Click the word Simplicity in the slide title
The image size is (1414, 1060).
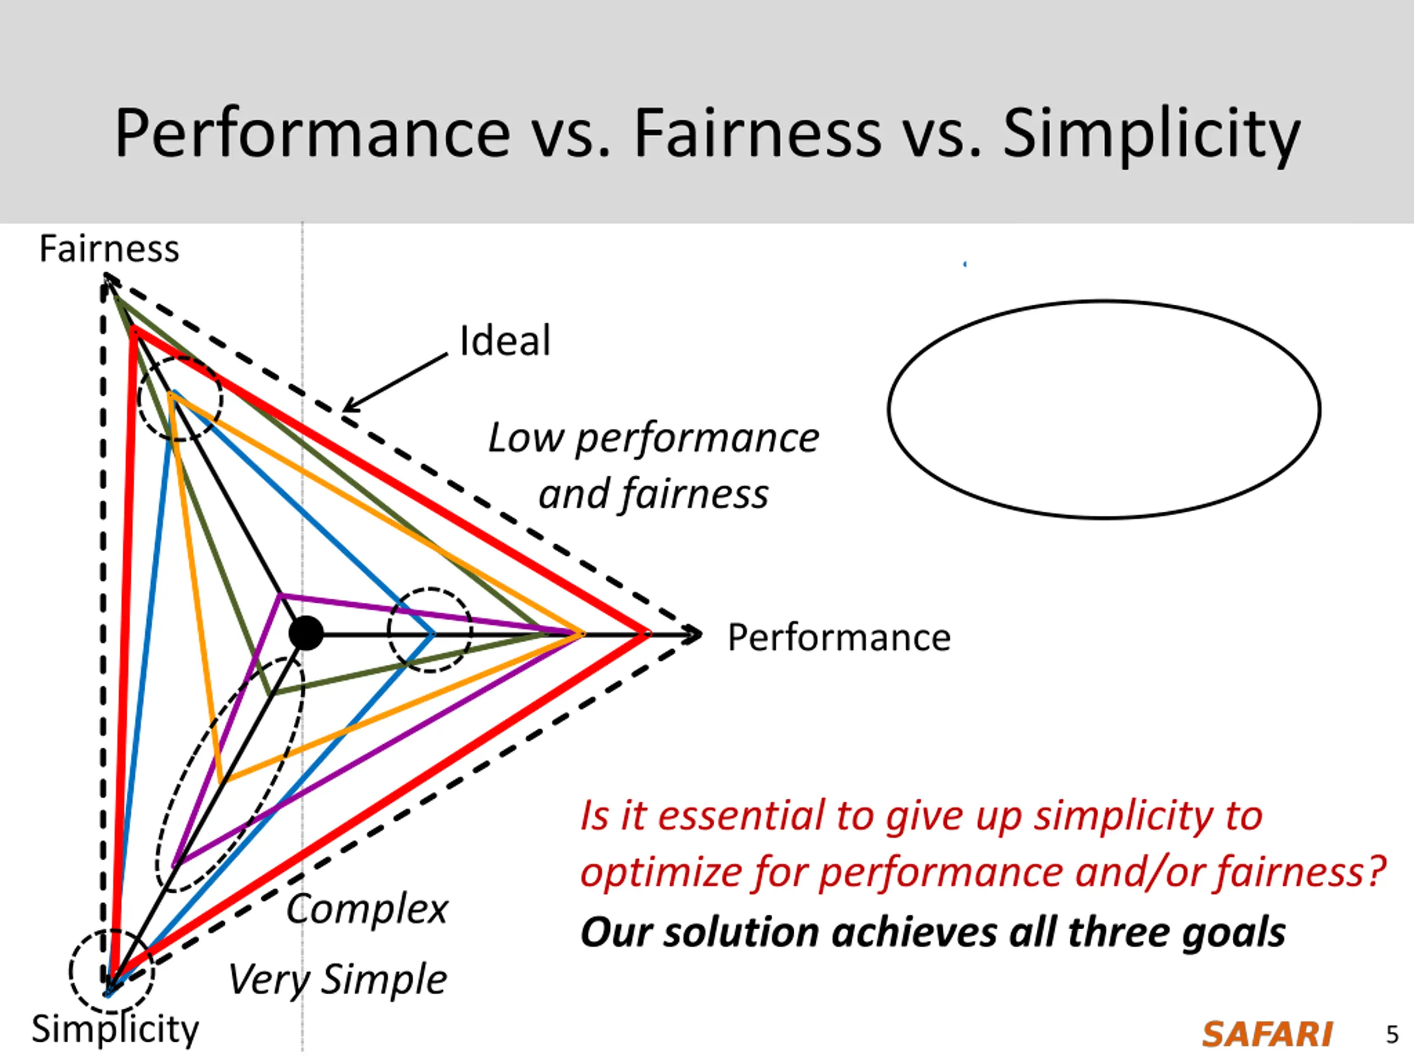(x=1151, y=134)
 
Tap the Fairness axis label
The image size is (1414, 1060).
(x=109, y=248)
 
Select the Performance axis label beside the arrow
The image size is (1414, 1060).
(x=838, y=638)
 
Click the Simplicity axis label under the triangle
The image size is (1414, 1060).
(x=115, y=1029)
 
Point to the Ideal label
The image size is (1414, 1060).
(x=505, y=341)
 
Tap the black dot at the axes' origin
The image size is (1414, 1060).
(x=305, y=633)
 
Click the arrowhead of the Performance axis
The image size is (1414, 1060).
(x=695, y=634)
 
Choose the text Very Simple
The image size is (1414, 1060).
(x=337, y=979)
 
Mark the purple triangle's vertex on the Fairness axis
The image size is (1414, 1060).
(x=280, y=596)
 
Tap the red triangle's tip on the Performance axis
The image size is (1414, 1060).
(x=646, y=634)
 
